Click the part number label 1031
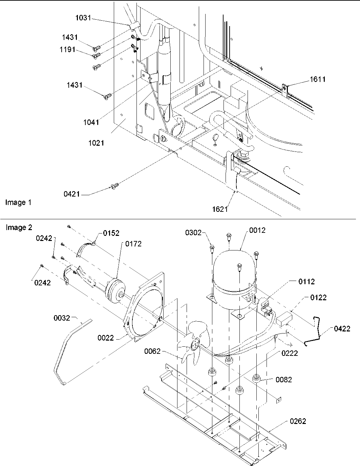point(83,18)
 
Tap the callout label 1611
point(317,79)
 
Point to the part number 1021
point(96,143)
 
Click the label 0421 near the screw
point(72,194)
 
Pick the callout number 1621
point(220,209)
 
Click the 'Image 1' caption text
point(18,202)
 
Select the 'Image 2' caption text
point(19,227)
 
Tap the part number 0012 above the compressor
point(257,230)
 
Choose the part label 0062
point(152,351)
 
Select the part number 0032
point(62,318)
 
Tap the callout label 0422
point(342,328)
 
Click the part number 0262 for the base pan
point(298,421)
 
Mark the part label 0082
point(283,380)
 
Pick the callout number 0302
point(193,232)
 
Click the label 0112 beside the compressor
point(306,281)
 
